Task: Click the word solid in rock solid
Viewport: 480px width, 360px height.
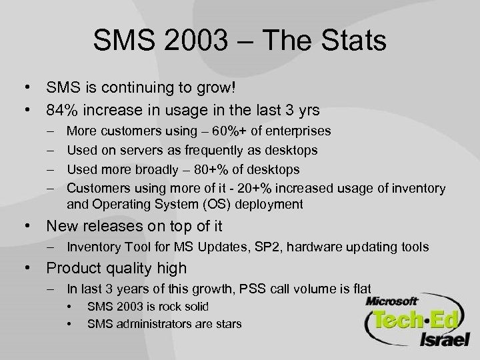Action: [194, 306]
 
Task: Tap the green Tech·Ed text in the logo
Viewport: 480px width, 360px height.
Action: [415, 320]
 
